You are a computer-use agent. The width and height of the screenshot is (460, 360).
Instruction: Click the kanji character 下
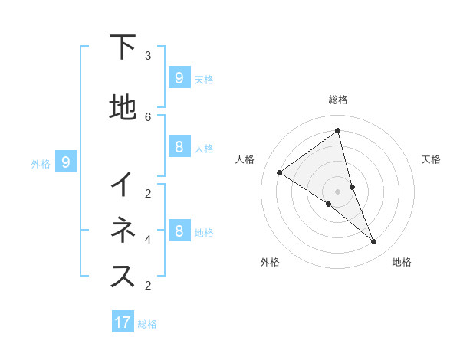(x=123, y=47)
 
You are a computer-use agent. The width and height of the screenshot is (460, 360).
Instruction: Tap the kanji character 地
(x=123, y=108)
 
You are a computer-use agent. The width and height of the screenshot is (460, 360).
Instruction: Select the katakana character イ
(x=123, y=185)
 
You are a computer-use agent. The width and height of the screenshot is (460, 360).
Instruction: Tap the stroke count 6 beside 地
(x=148, y=116)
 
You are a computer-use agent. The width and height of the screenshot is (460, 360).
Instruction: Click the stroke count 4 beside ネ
(x=148, y=239)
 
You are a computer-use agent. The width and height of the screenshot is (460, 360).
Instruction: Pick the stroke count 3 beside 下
(x=148, y=55)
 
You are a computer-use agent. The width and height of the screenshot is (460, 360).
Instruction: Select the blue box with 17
(x=123, y=322)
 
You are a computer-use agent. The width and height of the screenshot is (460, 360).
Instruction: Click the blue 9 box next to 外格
(x=66, y=162)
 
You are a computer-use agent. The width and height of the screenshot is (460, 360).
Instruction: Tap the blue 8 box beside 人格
(x=179, y=146)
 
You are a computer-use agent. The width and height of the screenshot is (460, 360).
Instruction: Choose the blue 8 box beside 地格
(x=179, y=231)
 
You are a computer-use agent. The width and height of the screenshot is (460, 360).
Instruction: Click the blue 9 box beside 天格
(x=179, y=77)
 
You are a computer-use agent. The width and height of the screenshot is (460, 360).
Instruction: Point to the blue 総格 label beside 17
(x=147, y=324)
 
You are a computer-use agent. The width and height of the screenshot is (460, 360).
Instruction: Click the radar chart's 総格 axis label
(x=338, y=100)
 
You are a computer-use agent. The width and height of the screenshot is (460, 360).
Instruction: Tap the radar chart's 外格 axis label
(x=270, y=262)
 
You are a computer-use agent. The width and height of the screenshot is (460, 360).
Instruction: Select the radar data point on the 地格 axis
(x=374, y=242)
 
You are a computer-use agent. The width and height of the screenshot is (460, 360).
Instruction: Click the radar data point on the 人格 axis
(x=279, y=172)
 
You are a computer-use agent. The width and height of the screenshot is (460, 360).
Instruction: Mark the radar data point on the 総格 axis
(x=338, y=131)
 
